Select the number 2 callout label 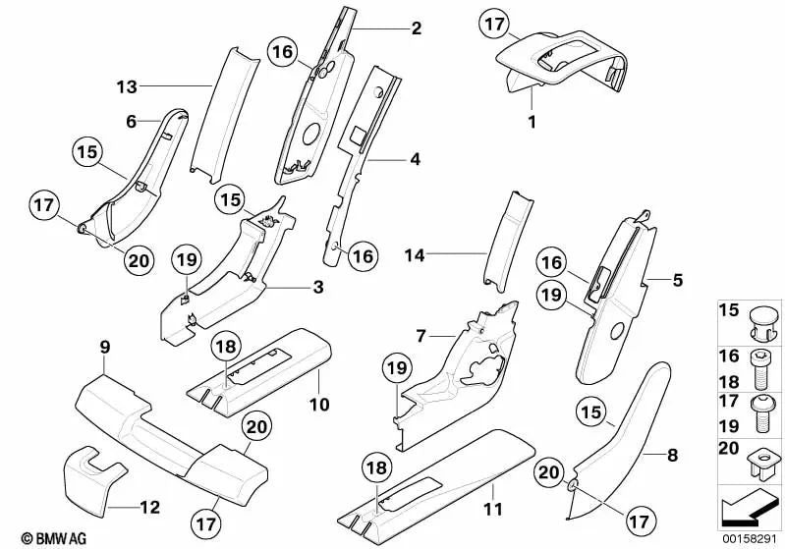pos(416,28)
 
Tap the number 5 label pos(677,280)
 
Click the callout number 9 pos(104,346)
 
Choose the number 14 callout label pos(416,254)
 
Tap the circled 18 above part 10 pos(226,347)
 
